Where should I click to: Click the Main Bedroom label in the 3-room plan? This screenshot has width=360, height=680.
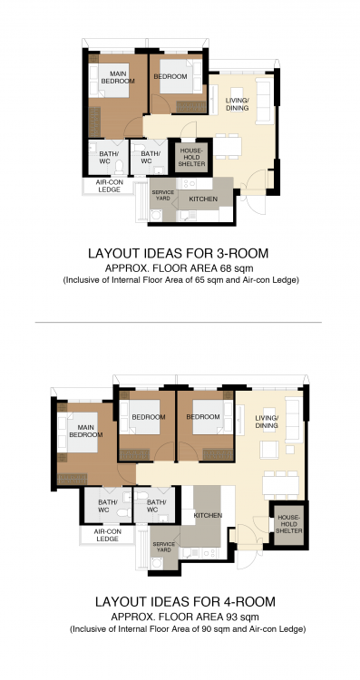click(x=118, y=77)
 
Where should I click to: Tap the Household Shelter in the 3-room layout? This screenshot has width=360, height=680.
click(x=191, y=157)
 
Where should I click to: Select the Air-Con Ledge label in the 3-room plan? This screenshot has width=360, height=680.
click(x=110, y=186)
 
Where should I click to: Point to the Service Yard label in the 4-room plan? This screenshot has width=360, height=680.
click(x=164, y=547)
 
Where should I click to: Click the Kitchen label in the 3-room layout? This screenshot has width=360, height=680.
click(x=203, y=199)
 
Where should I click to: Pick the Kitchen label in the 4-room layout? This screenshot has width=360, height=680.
click(x=208, y=515)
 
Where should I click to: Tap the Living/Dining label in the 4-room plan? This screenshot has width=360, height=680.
click(x=267, y=422)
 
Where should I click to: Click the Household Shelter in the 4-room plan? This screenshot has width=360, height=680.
click(x=289, y=524)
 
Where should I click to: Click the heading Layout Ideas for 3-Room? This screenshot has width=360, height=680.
click(x=179, y=253)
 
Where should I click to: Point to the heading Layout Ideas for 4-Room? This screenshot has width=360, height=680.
click(x=185, y=601)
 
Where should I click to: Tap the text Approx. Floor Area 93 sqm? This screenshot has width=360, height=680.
click(x=185, y=617)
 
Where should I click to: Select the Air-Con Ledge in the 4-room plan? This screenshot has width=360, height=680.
click(x=107, y=535)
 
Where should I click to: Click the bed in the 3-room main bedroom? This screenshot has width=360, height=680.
click(x=110, y=81)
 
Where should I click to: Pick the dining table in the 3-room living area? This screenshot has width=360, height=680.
click(x=228, y=147)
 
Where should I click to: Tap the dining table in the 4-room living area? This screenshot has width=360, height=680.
click(x=280, y=485)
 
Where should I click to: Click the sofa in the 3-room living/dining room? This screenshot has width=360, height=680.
click(x=264, y=101)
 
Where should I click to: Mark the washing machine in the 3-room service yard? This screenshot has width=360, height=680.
click(x=156, y=215)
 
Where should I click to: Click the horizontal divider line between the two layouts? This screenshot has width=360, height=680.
click(x=179, y=322)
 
